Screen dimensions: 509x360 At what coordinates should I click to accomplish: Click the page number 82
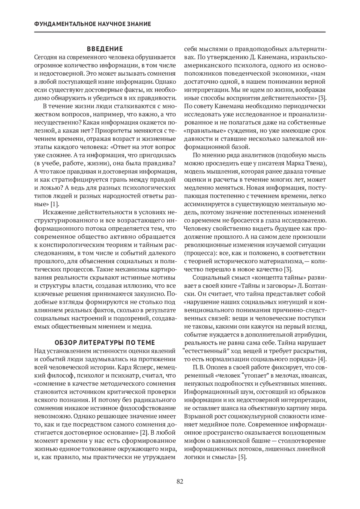pos(180,481)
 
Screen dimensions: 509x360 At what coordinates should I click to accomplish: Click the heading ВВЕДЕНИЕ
pos(105,49)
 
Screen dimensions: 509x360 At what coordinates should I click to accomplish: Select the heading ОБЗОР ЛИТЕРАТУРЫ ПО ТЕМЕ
pos(105,343)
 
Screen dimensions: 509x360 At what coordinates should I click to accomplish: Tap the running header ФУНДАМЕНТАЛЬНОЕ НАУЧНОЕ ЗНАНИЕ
pos(93,24)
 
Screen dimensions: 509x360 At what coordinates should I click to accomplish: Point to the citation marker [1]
pos(54,204)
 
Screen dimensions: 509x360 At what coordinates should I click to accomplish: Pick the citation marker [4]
pos(322,359)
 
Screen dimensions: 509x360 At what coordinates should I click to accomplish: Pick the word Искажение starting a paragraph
pos(58,212)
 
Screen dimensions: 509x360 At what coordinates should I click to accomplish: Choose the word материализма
pos(282,261)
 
